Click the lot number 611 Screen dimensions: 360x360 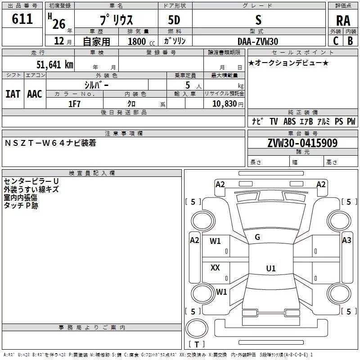22,18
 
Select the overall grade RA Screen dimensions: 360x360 343,21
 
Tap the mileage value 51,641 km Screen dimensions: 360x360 55,64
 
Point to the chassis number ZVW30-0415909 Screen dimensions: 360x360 302,143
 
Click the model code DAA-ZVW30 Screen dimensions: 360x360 258,41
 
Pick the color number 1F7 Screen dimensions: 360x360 74,104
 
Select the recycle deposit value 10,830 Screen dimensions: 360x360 225,103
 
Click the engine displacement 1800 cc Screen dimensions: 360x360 141,41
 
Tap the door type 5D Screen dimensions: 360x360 174,20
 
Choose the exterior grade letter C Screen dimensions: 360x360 336,41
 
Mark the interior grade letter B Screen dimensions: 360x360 350,41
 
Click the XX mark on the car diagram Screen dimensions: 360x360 215,267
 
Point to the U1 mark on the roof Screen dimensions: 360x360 271,268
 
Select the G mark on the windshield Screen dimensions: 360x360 257,237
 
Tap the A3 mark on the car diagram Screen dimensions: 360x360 346,240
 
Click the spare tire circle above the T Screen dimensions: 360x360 197,328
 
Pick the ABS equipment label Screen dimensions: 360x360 289,121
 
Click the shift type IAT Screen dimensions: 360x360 13,94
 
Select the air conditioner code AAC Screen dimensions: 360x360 35,94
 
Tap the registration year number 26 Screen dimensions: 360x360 59,24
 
